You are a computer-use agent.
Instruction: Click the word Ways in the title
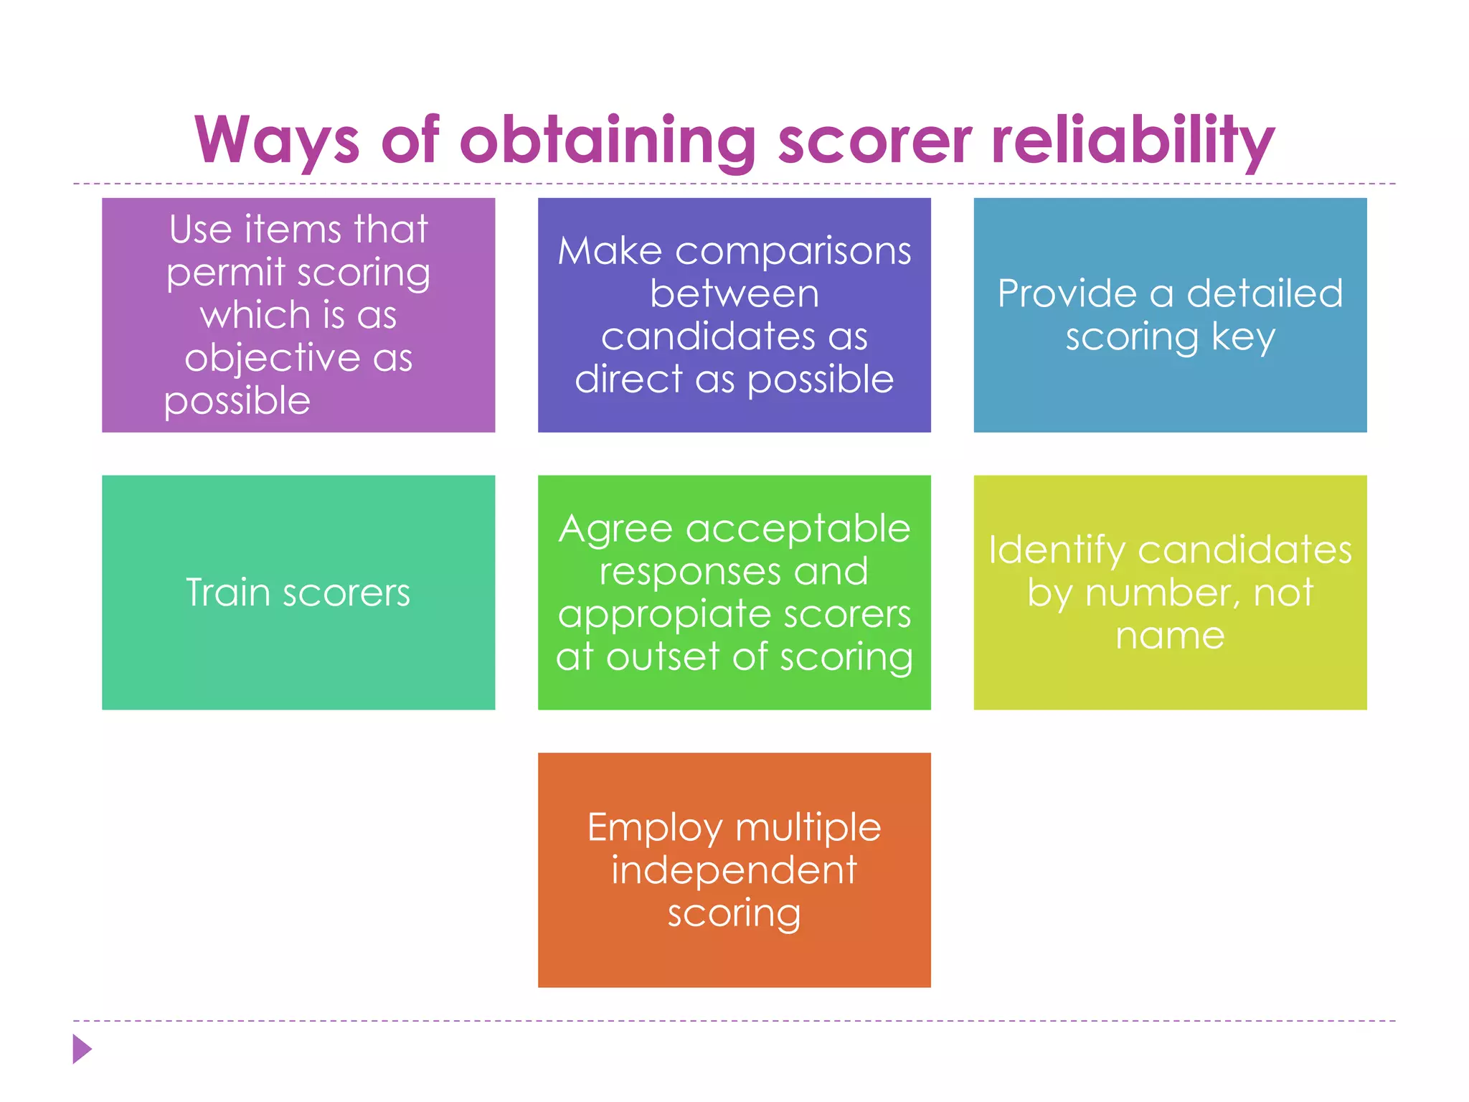(276, 141)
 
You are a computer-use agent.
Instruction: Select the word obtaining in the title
(607, 141)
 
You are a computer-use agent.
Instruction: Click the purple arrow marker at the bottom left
(82, 1049)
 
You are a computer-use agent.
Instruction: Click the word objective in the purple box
(272, 358)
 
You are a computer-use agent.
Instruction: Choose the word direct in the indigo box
(628, 379)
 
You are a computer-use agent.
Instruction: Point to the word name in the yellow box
(1170, 636)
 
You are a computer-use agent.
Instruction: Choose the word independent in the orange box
(734, 871)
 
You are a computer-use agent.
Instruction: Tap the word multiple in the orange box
(808, 828)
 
